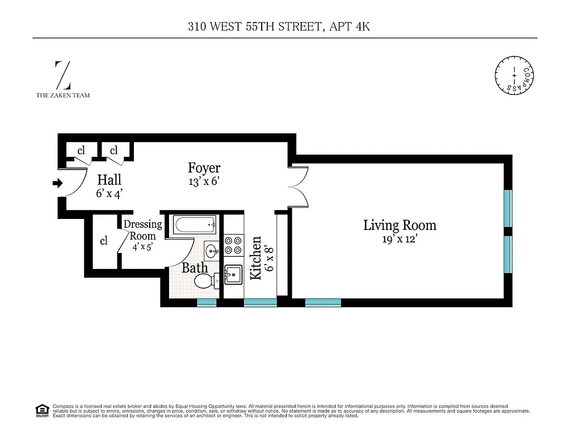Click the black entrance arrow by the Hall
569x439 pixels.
[x=57, y=183]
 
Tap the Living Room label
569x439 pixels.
[x=399, y=225]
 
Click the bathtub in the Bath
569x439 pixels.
[x=195, y=224]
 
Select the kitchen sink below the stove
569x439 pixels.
[x=233, y=274]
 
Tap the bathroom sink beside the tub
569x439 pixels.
[x=211, y=251]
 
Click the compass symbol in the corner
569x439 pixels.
[x=514, y=75]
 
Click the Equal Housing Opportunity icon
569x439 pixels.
[x=41, y=409]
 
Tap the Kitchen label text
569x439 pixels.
[x=255, y=258]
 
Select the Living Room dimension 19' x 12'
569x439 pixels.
[x=399, y=239]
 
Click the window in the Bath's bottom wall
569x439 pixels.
[x=207, y=302]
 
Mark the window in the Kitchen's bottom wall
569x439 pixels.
[x=260, y=302]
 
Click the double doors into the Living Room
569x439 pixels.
[x=300, y=186]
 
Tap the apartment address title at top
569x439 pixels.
[x=284, y=26]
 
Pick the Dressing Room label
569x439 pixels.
[x=142, y=230]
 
